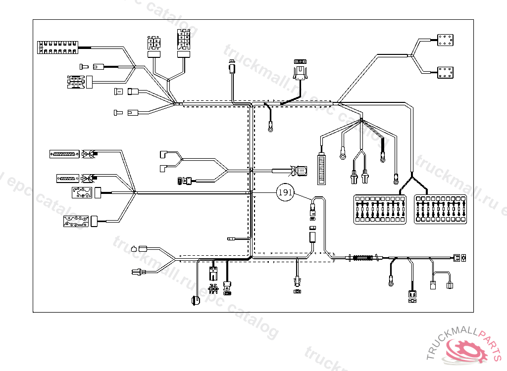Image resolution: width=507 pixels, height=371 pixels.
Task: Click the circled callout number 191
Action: point(285,192)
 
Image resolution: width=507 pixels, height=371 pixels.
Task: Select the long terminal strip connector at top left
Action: point(58,48)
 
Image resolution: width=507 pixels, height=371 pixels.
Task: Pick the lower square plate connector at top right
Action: point(446,73)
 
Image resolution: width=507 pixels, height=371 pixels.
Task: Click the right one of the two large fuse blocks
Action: point(441,210)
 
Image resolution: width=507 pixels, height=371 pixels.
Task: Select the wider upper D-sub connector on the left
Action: point(64,154)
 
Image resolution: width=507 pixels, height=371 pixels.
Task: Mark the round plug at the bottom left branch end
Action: point(195,300)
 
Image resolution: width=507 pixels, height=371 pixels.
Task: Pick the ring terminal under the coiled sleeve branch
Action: point(391,283)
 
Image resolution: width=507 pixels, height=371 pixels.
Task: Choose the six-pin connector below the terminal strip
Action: point(76,82)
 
